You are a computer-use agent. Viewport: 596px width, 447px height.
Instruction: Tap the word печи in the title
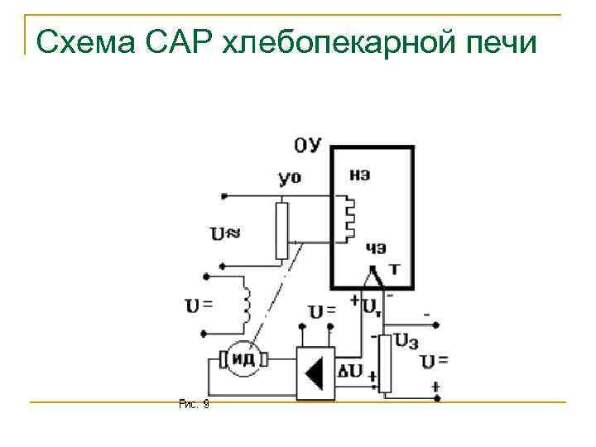click(x=494, y=41)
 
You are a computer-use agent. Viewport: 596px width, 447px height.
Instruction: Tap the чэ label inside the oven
click(x=376, y=248)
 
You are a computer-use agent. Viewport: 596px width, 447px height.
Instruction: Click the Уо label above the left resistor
click(x=290, y=177)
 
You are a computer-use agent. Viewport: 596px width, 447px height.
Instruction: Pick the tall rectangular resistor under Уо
click(x=283, y=229)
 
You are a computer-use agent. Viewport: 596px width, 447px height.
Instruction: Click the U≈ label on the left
click(x=225, y=233)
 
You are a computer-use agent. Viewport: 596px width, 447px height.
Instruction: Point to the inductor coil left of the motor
click(x=246, y=302)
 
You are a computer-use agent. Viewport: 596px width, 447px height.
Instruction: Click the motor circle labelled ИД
click(x=243, y=359)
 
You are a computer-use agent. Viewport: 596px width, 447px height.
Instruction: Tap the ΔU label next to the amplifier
click(x=352, y=371)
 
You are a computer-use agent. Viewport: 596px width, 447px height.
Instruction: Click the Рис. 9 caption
click(x=194, y=404)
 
